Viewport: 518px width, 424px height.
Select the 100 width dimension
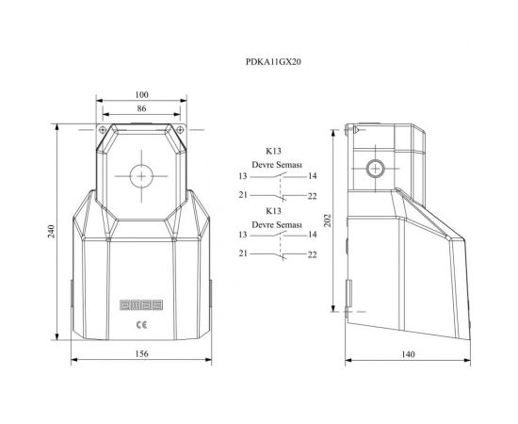pyautogui.click(x=141, y=95)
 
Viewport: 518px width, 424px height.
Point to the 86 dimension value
pyautogui.click(x=141, y=110)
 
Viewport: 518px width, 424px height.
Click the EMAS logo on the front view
pyautogui.click(x=140, y=305)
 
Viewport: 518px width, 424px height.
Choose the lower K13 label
pyautogui.click(x=273, y=212)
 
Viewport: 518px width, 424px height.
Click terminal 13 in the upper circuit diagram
pyautogui.click(x=242, y=176)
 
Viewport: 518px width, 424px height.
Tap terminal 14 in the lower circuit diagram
pyautogui.click(x=311, y=235)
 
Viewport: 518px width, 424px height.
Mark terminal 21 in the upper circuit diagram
pyautogui.click(x=242, y=195)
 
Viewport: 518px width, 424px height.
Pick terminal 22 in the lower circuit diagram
pyautogui.click(x=311, y=254)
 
